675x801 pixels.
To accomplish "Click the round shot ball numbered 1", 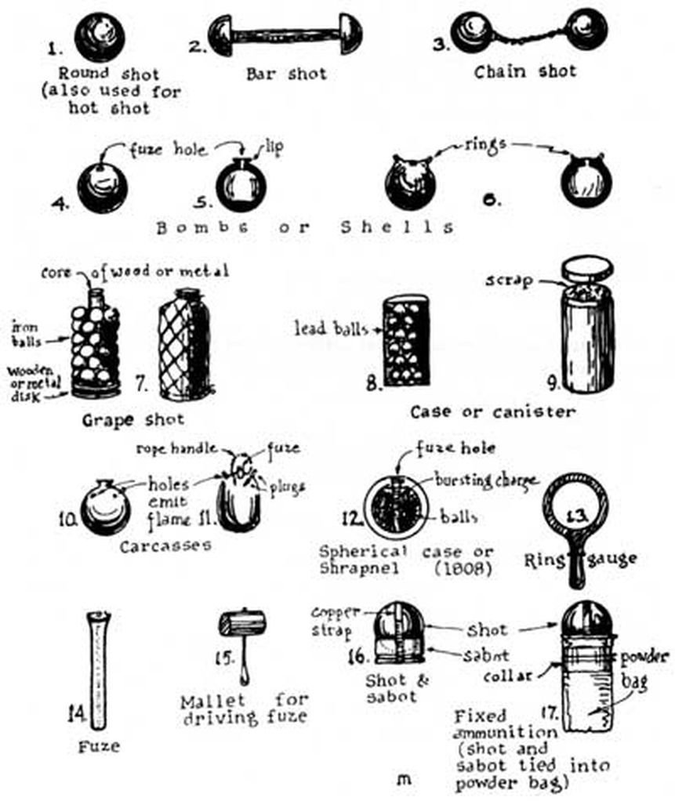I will (x=101, y=37).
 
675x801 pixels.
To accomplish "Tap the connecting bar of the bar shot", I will (x=275, y=35).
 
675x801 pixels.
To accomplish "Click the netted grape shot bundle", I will (x=184, y=344).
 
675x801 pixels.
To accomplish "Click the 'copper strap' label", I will (x=335, y=621).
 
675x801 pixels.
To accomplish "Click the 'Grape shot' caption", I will (x=133, y=419).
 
